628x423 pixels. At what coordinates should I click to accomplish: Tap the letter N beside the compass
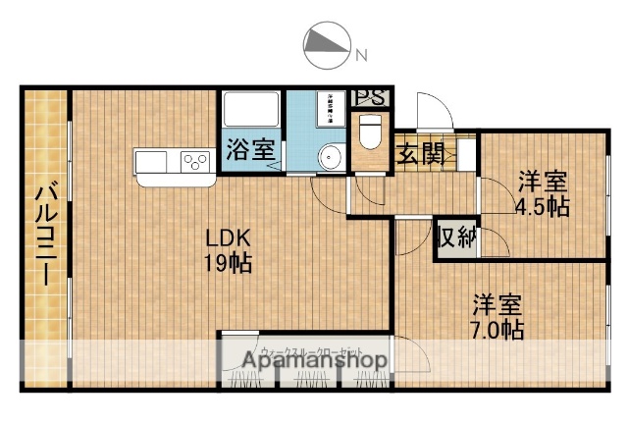point(361,54)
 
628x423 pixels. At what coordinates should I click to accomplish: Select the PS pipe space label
point(370,97)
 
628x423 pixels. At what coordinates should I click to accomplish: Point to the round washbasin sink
point(331,156)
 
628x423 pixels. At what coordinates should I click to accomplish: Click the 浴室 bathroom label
point(250,151)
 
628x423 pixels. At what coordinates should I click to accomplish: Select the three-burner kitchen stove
point(196,161)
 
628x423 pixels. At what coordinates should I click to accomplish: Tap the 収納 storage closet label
point(456,237)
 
